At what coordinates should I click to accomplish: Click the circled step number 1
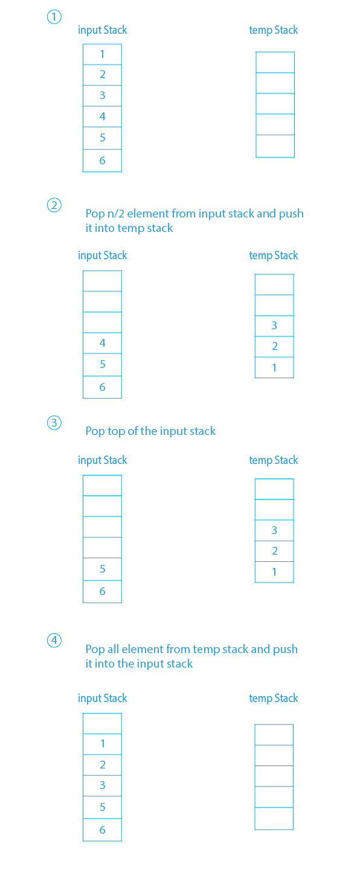click(54, 17)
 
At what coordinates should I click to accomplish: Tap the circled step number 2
click(54, 205)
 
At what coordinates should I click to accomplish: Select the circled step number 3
click(54, 423)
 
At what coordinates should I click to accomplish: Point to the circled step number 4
click(54, 640)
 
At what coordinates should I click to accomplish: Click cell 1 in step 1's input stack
click(102, 54)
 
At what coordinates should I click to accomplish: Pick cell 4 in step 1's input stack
click(102, 117)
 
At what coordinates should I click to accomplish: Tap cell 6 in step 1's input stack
click(102, 161)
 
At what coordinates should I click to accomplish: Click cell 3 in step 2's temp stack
click(274, 326)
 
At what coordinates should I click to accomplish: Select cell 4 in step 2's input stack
click(102, 343)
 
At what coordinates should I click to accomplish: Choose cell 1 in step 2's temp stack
click(274, 367)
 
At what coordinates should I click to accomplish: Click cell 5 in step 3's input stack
click(102, 569)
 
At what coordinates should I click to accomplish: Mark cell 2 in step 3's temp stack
click(274, 551)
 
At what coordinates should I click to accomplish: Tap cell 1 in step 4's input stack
click(102, 744)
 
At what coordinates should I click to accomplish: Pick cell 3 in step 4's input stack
click(102, 785)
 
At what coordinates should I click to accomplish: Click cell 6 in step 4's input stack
click(102, 830)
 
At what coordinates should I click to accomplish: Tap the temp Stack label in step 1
click(274, 30)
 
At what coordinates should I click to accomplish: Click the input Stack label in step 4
click(102, 698)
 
